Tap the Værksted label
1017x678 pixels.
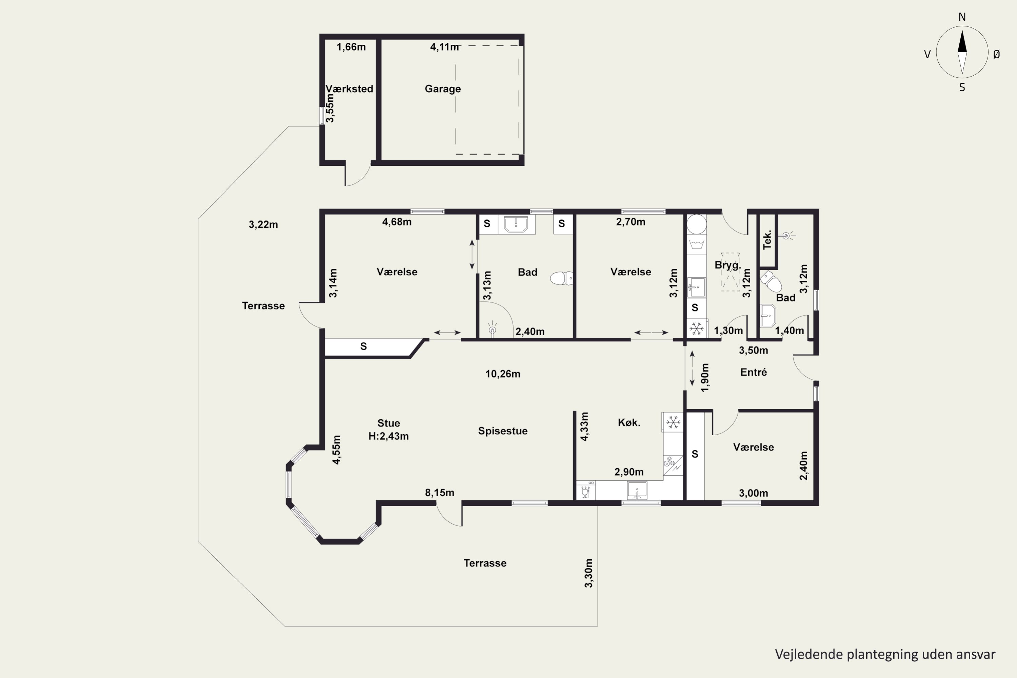click(x=350, y=88)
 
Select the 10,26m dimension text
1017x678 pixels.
click(x=503, y=374)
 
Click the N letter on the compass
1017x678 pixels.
click(x=962, y=17)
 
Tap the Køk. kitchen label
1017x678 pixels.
click(x=629, y=422)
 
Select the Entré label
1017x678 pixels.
click(x=754, y=372)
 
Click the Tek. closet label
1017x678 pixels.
click(x=767, y=240)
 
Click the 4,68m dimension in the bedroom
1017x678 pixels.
click(x=397, y=222)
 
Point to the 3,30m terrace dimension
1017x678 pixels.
click(x=589, y=573)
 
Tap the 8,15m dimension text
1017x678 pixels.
click(x=440, y=493)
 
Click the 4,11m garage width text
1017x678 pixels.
click(x=444, y=47)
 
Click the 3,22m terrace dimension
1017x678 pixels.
click(x=263, y=224)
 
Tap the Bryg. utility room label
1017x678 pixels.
click(x=728, y=265)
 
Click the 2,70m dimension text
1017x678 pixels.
click(x=631, y=222)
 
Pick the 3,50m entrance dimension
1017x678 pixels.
click(x=754, y=350)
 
